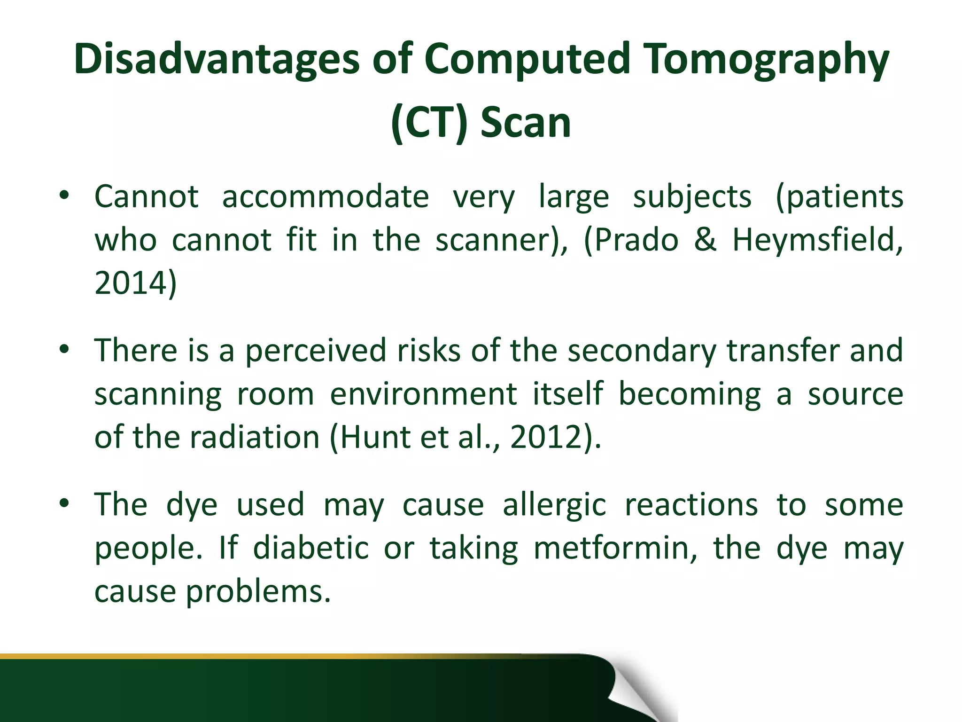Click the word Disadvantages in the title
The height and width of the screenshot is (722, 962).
[217, 60]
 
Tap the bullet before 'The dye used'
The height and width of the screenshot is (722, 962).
[64, 503]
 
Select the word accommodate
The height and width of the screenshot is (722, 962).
[325, 196]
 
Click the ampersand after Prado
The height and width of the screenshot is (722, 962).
[705, 240]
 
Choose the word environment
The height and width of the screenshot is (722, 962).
[423, 394]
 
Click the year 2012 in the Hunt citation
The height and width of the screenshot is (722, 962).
[546, 437]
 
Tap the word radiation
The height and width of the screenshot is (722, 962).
[255, 437]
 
